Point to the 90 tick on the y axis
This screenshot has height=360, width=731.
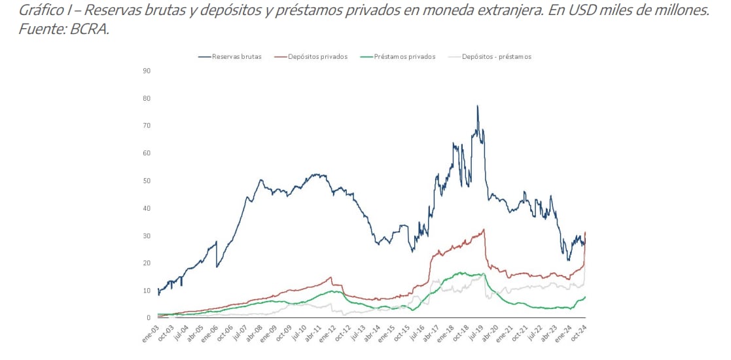click(147, 71)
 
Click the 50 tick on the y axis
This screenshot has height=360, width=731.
click(147, 181)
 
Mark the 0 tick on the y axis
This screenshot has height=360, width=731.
click(149, 318)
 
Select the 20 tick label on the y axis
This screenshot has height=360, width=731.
click(147, 263)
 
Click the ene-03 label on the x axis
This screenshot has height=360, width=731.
click(151, 333)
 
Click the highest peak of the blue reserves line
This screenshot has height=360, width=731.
click(477, 106)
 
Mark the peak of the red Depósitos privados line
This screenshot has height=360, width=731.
click(484, 229)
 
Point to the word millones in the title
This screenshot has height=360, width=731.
click(681, 11)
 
